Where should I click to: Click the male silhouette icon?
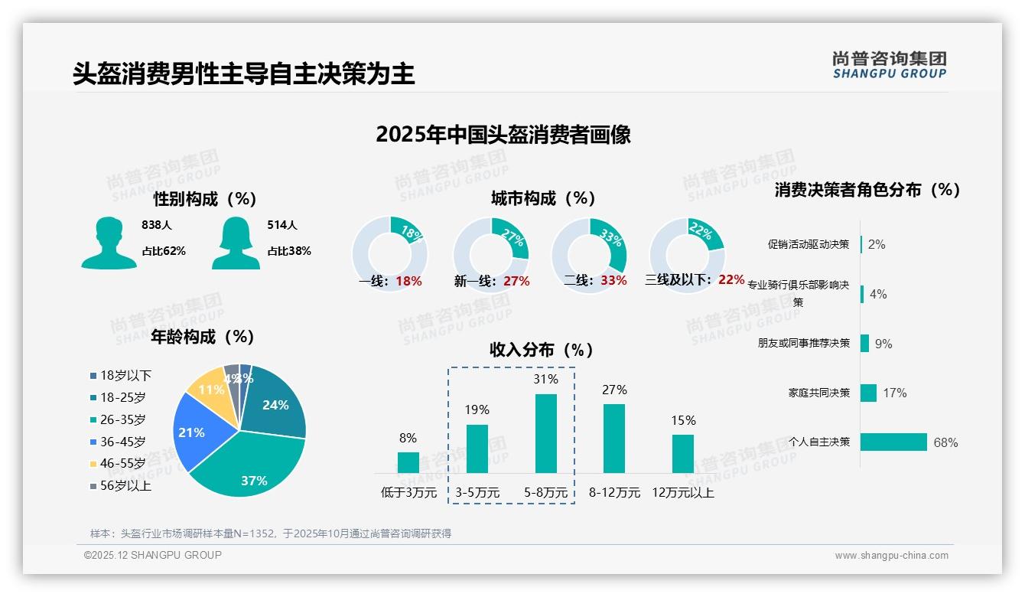click(109, 243)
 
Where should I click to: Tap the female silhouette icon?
click(236, 243)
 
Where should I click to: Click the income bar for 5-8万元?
click(546, 433)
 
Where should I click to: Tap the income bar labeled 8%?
click(408, 462)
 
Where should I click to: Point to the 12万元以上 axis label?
click(682, 493)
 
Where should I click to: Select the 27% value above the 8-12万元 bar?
click(614, 390)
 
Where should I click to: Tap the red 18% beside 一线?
click(409, 281)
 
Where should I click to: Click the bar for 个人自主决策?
click(893, 442)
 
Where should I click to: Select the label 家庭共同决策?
click(818, 393)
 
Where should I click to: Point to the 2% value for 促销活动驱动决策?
click(877, 244)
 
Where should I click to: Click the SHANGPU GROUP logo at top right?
click(889, 65)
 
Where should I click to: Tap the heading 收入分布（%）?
click(542, 351)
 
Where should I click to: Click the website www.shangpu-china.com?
click(891, 556)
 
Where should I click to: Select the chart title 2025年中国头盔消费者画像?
click(503, 135)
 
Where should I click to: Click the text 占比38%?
click(289, 251)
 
